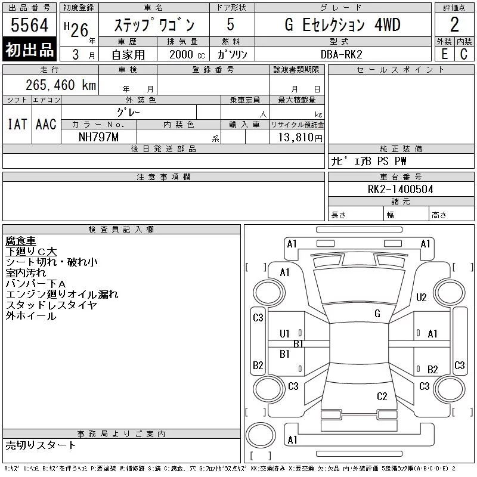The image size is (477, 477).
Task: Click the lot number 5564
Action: [x=29, y=25]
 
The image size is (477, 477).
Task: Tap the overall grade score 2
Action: [x=454, y=24]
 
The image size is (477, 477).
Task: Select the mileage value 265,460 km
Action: [x=61, y=85]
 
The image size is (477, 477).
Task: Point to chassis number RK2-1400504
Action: [x=400, y=189]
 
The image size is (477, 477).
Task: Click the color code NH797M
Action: [x=98, y=137]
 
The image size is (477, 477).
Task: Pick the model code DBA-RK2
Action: [x=341, y=54]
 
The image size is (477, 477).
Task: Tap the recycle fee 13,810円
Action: [x=301, y=138]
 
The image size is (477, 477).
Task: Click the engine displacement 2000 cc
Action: [x=187, y=54]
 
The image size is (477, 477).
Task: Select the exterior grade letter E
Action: [x=444, y=54]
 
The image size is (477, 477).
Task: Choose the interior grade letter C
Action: [x=464, y=54]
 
